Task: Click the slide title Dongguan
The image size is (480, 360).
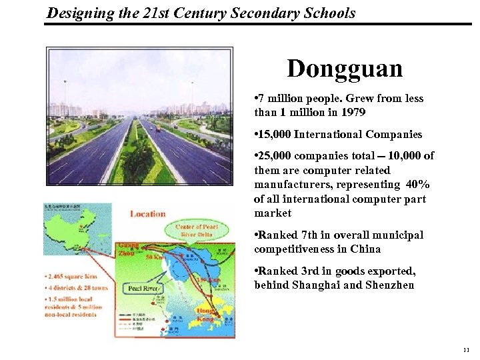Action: (345, 68)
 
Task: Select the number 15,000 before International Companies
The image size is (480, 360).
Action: (277, 134)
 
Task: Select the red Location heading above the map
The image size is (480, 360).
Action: (147, 214)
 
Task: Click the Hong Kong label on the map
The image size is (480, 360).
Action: (204, 315)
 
